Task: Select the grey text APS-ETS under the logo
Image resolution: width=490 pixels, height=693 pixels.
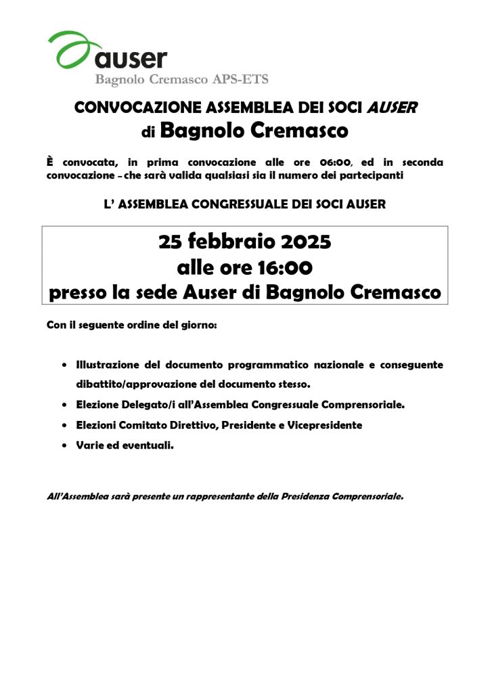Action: (242, 80)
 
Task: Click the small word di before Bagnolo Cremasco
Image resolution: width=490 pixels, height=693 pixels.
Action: (148, 133)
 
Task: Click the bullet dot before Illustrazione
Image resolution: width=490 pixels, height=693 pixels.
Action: (64, 365)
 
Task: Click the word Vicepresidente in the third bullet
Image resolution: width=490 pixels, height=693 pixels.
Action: (324, 425)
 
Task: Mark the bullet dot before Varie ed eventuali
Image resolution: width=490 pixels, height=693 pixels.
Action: (64, 446)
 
